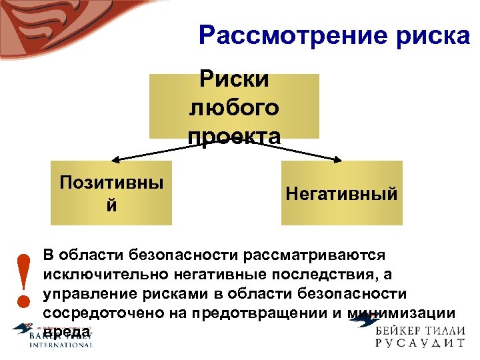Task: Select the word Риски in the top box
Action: click(234, 79)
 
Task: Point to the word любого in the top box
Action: click(234, 107)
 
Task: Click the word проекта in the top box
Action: click(234, 135)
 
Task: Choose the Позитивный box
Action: click(111, 193)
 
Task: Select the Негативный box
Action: click(341, 193)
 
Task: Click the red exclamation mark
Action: click(24, 281)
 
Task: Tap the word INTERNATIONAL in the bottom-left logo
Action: click(61, 345)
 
